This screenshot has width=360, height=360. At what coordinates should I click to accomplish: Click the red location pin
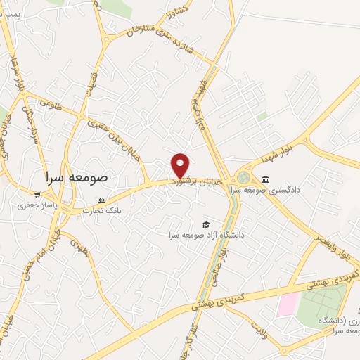[180, 165]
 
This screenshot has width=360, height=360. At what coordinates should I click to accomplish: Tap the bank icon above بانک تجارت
[103, 200]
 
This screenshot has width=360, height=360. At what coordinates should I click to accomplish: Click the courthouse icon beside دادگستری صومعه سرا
[264, 179]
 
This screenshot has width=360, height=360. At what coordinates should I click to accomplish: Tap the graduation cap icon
[205, 224]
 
